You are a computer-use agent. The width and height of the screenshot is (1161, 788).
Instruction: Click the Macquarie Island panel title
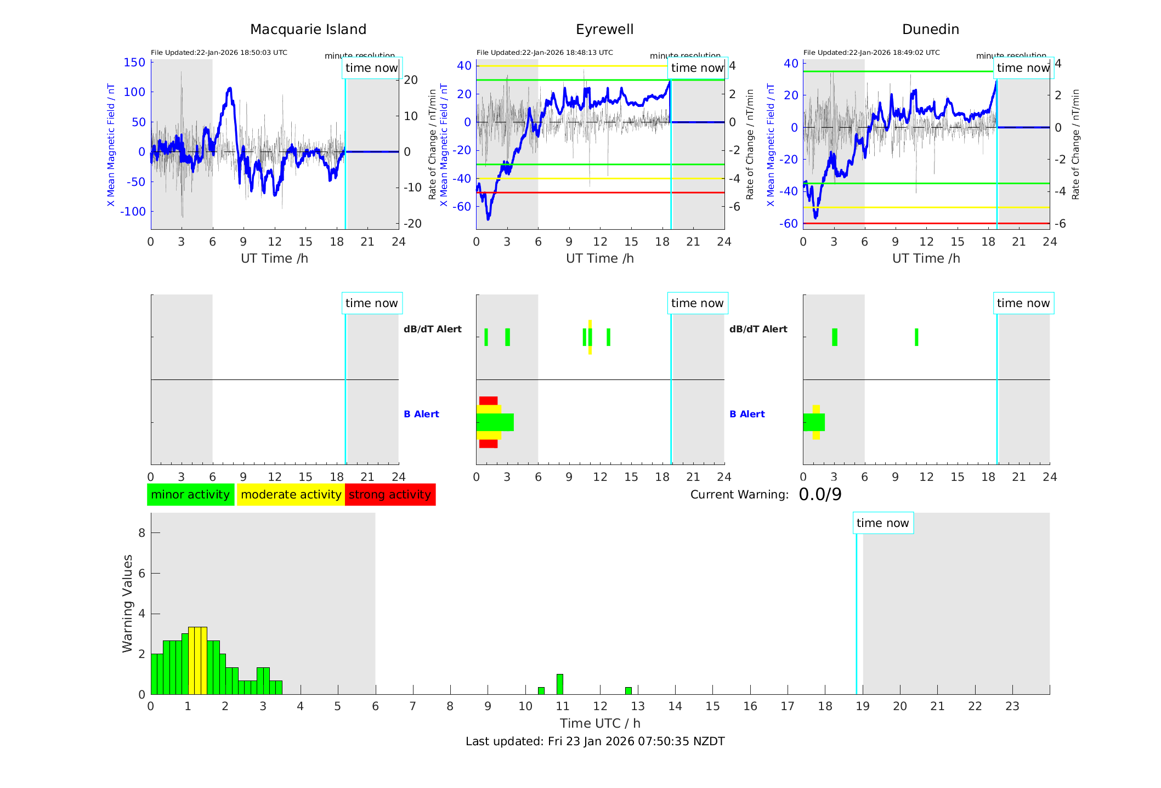pyautogui.click(x=308, y=30)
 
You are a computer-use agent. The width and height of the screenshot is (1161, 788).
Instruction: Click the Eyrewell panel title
pyautogui.click(x=604, y=30)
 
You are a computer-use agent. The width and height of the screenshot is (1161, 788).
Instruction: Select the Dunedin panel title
pyautogui.click(x=930, y=30)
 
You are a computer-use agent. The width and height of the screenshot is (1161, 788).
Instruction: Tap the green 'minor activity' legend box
pyautogui.click(x=190, y=495)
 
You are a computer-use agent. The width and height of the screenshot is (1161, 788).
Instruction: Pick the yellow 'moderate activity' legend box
pyautogui.click(x=291, y=495)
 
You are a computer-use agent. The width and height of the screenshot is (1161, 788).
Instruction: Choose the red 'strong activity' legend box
pyautogui.click(x=390, y=495)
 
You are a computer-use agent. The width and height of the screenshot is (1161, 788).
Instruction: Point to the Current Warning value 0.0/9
pyautogui.click(x=820, y=495)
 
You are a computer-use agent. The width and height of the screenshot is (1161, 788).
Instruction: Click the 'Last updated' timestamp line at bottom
pyautogui.click(x=595, y=741)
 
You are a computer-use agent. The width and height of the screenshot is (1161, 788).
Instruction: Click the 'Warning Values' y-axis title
pyautogui.click(x=128, y=603)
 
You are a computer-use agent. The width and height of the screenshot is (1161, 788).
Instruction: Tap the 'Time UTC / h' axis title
pyautogui.click(x=600, y=723)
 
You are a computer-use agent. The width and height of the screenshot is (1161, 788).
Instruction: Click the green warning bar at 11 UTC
pyautogui.click(x=559, y=684)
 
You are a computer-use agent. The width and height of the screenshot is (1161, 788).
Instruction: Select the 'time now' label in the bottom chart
pyautogui.click(x=882, y=523)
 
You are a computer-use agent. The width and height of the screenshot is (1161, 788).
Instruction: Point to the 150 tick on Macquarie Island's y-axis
pyautogui.click(x=134, y=63)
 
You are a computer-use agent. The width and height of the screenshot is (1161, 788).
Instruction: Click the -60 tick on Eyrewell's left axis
pyautogui.click(x=464, y=207)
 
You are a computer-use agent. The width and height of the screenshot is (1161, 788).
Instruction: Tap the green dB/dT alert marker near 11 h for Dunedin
pyautogui.click(x=916, y=337)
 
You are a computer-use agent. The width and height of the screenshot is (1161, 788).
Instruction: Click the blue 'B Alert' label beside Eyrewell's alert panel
pyautogui.click(x=421, y=414)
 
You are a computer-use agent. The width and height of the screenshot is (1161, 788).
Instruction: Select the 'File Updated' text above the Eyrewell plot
pyautogui.click(x=545, y=53)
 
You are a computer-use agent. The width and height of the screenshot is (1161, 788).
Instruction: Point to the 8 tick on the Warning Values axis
pyautogui.click(x=141, y=532)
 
